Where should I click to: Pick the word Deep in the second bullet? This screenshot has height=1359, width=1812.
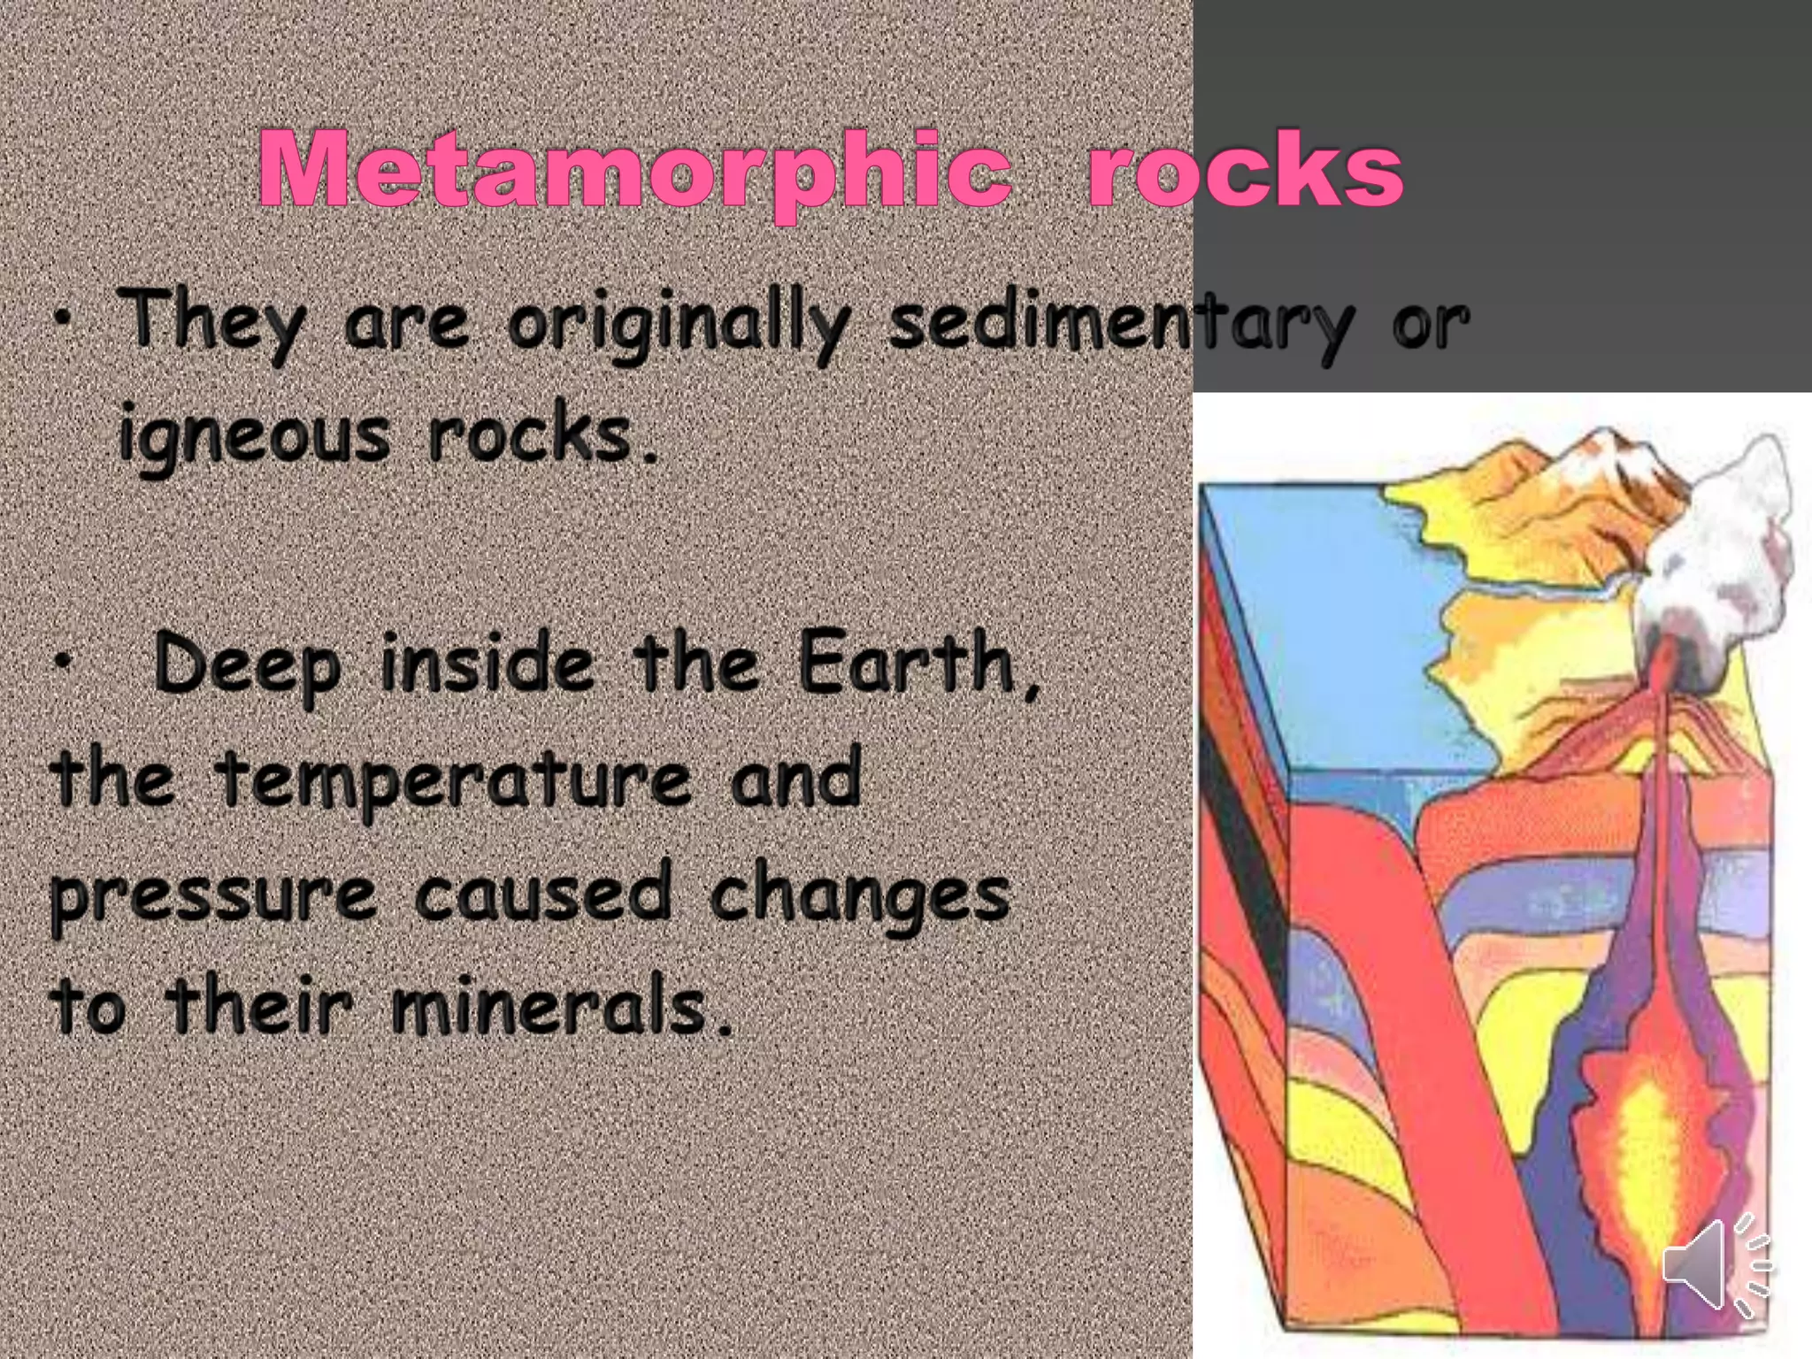247,668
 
